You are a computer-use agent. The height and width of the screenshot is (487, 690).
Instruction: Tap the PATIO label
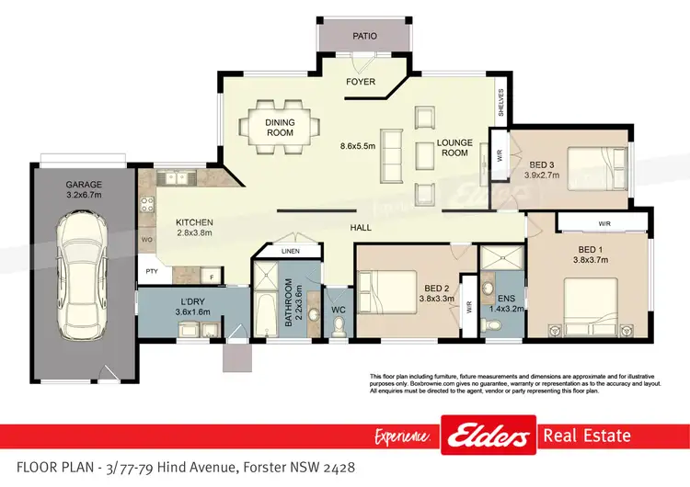coord(364,38)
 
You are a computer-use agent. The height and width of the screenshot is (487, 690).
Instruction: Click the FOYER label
coord(360,82)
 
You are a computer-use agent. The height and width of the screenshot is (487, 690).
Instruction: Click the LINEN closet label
coord(289,251)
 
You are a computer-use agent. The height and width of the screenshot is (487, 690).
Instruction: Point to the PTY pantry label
coord(148,272)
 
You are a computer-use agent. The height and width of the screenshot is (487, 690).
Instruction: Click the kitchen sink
coord(171,176)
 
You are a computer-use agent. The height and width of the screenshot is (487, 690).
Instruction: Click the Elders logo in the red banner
coord(489,435)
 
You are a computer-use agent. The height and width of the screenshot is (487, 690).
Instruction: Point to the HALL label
coord(360,227)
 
